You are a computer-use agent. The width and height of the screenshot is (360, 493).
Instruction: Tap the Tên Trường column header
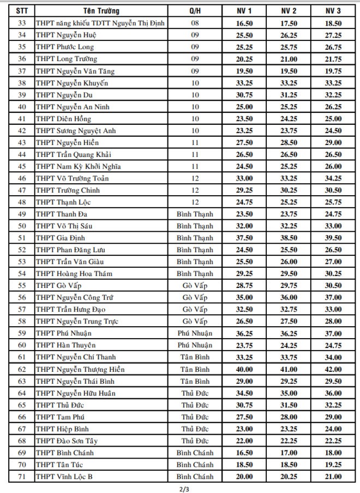click(x=101, y=11)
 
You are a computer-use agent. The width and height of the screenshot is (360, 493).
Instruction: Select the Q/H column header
click(x=195, y=11)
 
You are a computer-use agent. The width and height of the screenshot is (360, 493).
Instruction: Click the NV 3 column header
click(x=333, y=11)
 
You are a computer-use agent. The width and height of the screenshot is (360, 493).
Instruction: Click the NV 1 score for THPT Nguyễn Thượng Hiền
click(x=244, y=369)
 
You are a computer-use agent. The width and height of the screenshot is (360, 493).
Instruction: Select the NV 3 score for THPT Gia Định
click(x=333, y=238)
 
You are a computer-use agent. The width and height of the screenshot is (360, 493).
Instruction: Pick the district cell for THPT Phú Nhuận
click(x=195, y=333)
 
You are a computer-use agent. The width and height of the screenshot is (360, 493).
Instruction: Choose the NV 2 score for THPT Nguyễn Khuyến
click(x=289, y=83)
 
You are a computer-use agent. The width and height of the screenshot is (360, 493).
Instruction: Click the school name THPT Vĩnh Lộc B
click(x=64, y=477)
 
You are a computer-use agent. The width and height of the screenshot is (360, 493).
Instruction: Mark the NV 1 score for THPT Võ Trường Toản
click(x=244, y=178)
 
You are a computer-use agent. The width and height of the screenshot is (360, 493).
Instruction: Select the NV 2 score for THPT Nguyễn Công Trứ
click(x=289, y=297)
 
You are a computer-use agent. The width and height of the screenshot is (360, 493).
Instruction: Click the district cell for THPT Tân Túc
click(x=195, y=465)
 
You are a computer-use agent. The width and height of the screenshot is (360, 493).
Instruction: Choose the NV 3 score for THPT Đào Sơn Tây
click(x=333, y=441)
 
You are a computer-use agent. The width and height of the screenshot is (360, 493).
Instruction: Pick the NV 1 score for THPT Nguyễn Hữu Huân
click(x=244, y=393)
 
